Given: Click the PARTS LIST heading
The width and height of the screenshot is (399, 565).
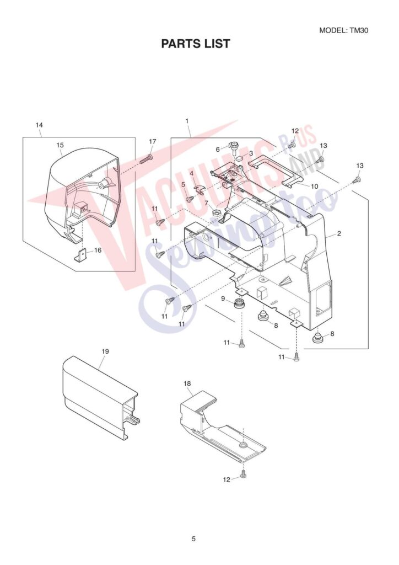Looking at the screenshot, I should point(195,44).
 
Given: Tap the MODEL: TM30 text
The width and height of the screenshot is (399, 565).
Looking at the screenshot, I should point(343,30).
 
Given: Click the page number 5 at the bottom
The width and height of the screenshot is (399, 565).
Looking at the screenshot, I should point(193,539).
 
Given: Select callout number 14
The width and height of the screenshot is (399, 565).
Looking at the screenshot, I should point(39,125).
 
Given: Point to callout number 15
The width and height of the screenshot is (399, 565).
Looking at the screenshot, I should point(61,145).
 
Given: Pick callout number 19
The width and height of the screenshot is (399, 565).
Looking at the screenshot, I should point(105,351).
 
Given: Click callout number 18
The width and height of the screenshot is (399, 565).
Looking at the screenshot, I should point(187,382).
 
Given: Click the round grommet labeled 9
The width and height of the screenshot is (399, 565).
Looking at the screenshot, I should point(239,303).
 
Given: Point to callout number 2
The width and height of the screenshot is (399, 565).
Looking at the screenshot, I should point(339,233).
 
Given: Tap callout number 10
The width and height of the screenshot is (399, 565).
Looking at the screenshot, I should point(314,186).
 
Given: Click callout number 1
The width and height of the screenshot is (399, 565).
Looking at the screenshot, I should point(187,120).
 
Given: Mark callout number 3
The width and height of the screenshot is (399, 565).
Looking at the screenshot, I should point(251,153).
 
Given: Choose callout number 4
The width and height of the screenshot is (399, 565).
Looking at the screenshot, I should point(192,173).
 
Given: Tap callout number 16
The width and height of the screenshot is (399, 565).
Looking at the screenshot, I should point(98,250).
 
